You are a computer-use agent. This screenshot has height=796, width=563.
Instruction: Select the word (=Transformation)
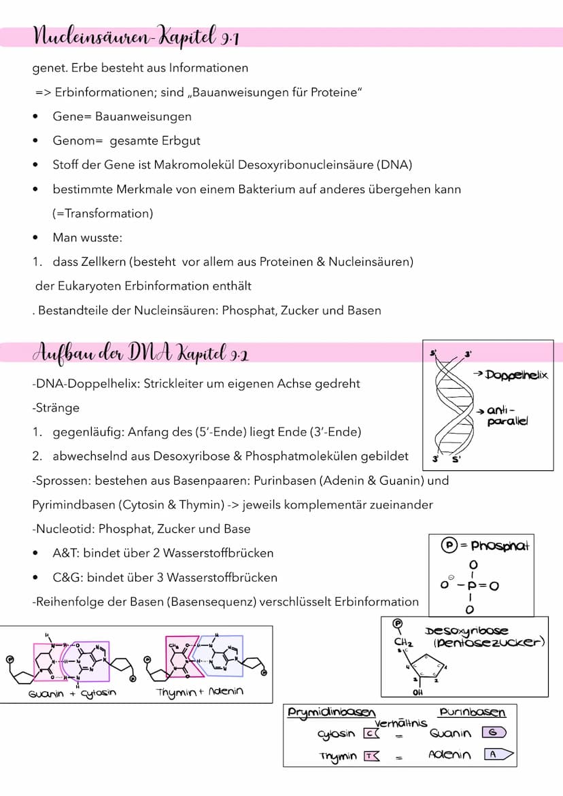103,213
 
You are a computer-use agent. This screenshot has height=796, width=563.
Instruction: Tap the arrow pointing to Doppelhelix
477,375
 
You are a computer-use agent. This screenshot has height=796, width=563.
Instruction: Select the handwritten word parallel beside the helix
507,421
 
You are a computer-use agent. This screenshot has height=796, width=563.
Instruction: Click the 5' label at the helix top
433,353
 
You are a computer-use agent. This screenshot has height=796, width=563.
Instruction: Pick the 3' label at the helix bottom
435,460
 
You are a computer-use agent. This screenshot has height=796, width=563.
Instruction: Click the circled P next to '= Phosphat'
447,545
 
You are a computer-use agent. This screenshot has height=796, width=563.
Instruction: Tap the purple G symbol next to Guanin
494,733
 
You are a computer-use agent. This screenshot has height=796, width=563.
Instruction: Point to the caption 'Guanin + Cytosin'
72,693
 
